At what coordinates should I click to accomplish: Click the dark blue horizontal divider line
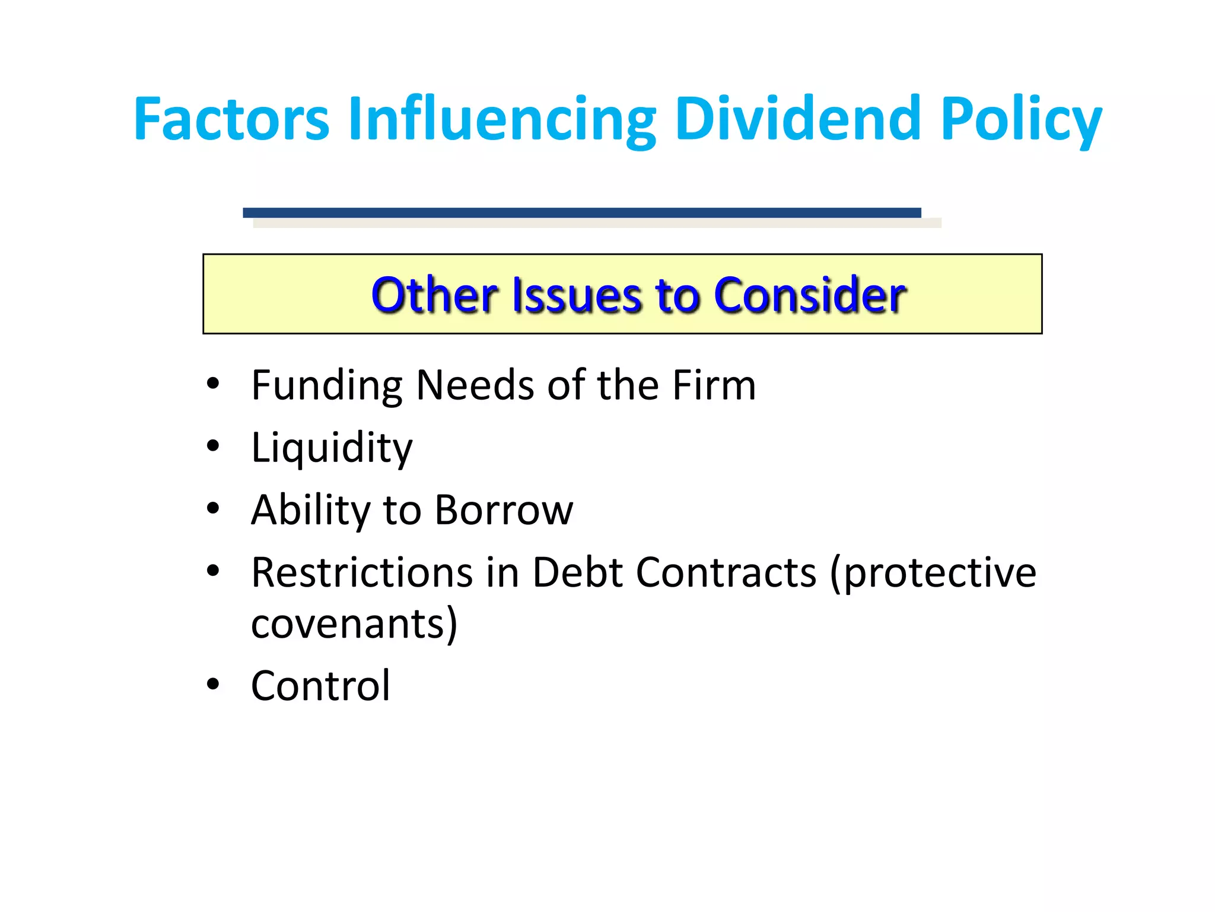(x=581, y=213)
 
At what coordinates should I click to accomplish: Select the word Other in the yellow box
(x=434, y=295)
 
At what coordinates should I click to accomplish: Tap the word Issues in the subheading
(x=576, y=295)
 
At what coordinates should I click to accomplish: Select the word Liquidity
(x=332, y=448)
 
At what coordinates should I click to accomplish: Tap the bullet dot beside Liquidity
(x=213, y=446)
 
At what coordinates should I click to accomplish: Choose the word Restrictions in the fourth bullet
(x=362, y=572)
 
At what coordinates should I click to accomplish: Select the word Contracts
(x=726, y=572)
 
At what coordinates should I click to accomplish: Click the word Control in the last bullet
(x=320, y=686)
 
